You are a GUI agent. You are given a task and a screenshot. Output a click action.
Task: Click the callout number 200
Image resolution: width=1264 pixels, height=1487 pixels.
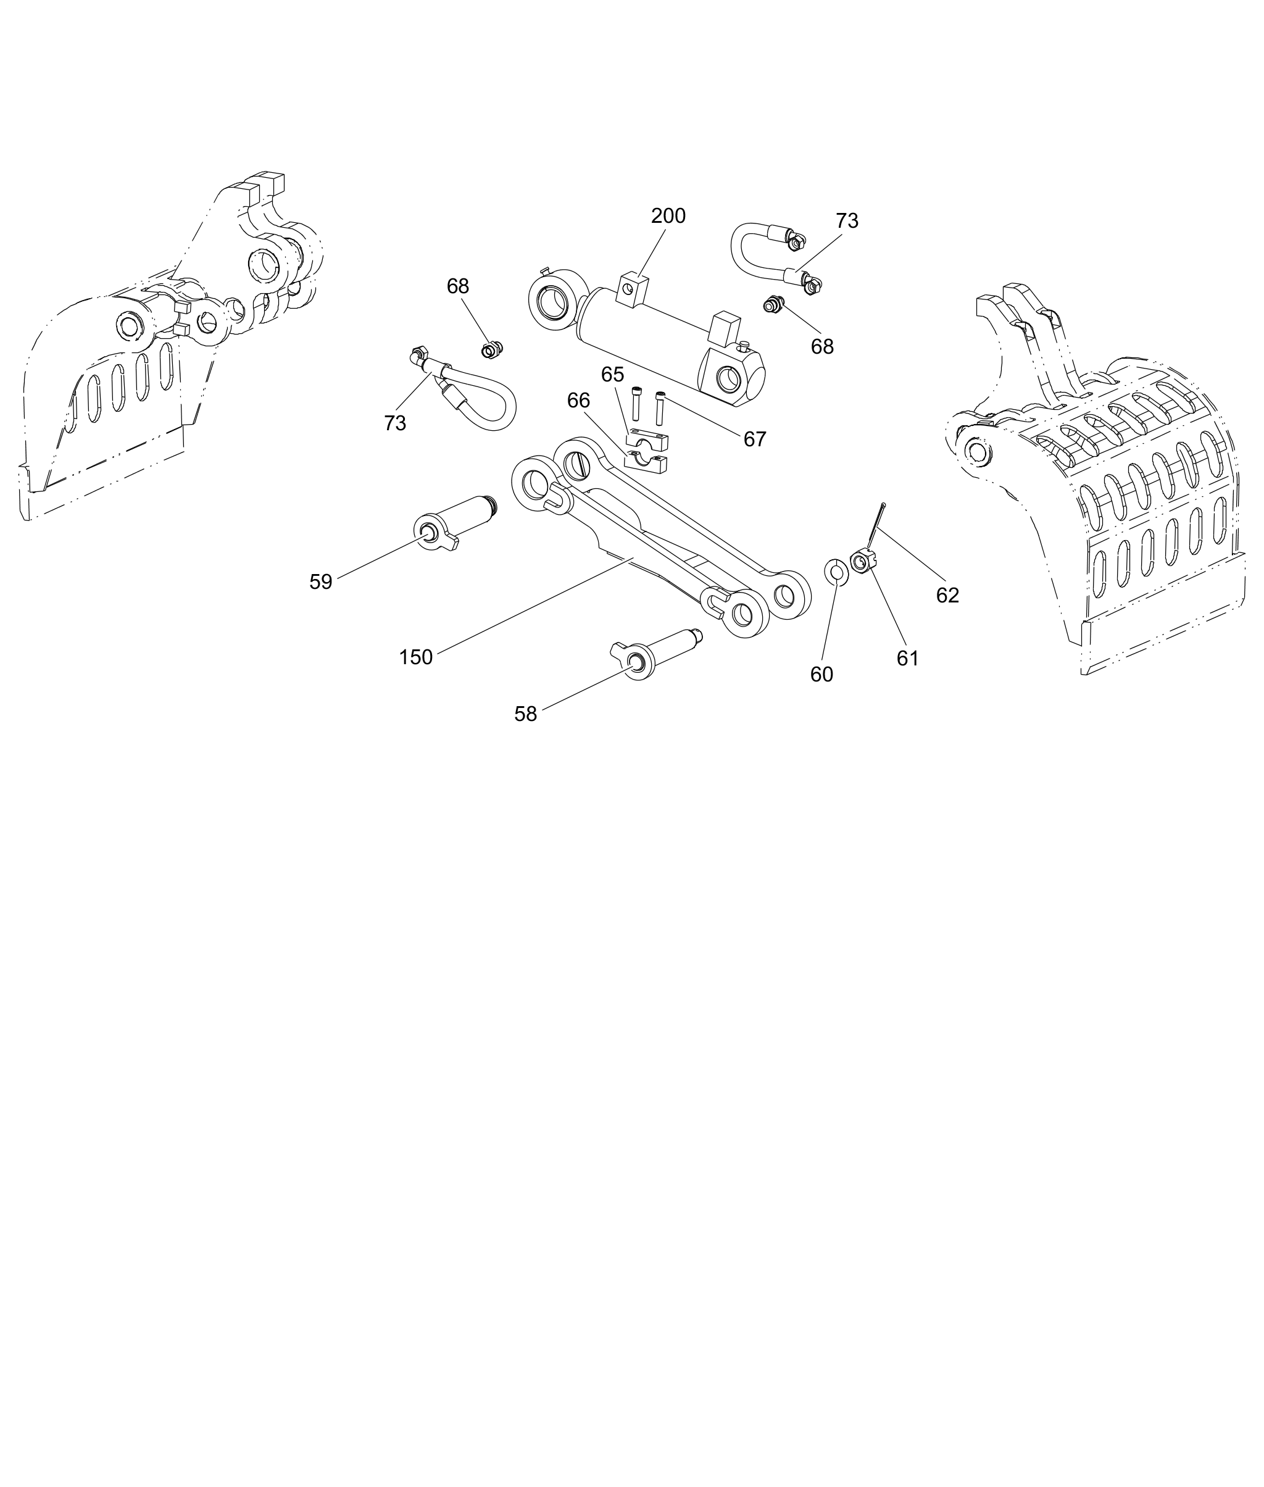(668, 215)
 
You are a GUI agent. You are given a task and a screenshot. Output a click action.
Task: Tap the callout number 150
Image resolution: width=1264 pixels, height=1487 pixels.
(415, 657)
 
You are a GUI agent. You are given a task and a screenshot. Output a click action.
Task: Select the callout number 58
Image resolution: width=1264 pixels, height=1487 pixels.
(525, 714)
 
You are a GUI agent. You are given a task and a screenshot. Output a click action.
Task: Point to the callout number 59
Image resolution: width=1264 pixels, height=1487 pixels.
(320, 582)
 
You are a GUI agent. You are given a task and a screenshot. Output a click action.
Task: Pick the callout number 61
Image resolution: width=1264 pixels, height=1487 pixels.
(907, 658)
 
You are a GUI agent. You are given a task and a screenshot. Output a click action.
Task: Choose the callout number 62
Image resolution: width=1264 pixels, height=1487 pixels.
(947, 595)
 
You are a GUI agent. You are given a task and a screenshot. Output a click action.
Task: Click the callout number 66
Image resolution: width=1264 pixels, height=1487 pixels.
(578, 400)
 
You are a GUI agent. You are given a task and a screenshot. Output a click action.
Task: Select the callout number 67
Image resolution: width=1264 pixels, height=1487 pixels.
(755, 439)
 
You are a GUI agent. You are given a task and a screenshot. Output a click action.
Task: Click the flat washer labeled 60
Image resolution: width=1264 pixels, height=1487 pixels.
(836, 571)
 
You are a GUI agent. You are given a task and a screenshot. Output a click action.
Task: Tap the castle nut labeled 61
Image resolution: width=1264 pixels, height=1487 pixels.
(860, 559)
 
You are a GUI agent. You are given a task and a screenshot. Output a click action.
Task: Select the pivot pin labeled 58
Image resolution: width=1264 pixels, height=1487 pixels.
(655, 654)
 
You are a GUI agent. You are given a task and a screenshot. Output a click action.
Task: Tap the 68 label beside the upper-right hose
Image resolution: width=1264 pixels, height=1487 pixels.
(822, 347)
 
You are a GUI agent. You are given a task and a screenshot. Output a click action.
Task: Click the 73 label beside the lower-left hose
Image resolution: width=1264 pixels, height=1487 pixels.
(395, 423)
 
